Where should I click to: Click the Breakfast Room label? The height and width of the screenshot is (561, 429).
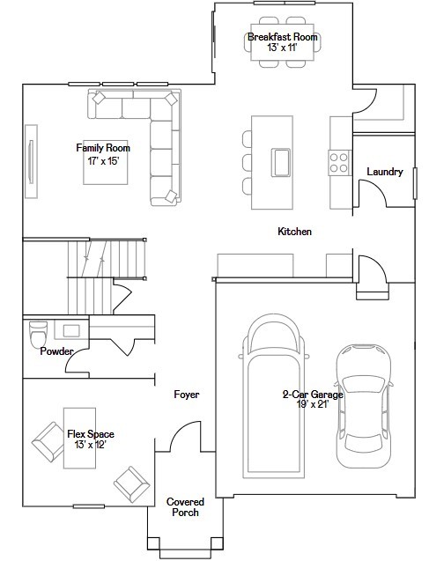(282, 37)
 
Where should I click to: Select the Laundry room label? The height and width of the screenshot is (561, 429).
(384, 172)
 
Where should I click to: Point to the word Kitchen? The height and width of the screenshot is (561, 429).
(295, 232)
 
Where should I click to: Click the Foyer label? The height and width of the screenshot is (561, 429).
(186, 395)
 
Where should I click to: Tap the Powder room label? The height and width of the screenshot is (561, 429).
(57, 351)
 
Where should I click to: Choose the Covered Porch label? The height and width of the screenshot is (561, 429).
(185, 506)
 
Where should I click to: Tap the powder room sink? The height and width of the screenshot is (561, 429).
(70, 330)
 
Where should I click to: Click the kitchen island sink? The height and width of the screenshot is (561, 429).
(282, 162)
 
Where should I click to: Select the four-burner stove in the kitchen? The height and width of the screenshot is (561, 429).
(338, 162)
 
